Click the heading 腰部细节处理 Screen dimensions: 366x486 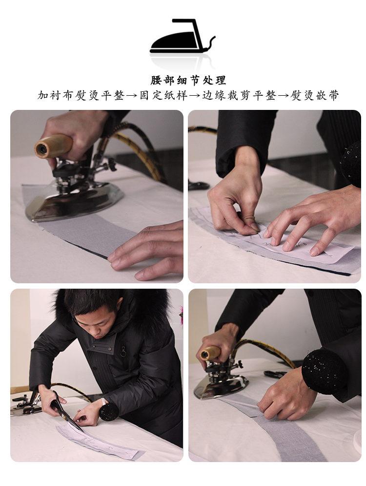pos(188,81)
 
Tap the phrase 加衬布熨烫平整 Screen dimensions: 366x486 pos(81,95)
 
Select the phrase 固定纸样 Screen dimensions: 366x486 pos(163,95)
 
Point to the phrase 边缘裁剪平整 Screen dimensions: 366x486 pos(239,95)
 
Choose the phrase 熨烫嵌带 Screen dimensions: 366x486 pos(315,95)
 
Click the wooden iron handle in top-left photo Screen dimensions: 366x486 pos(54,146)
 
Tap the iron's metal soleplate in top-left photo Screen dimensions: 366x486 pos(74,201)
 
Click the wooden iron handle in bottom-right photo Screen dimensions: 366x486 pos(210,353)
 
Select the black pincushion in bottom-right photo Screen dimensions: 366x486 pos(322,371)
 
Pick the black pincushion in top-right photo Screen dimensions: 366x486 pos(351,164)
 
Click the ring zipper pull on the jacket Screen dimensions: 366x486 pos(123,352)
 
